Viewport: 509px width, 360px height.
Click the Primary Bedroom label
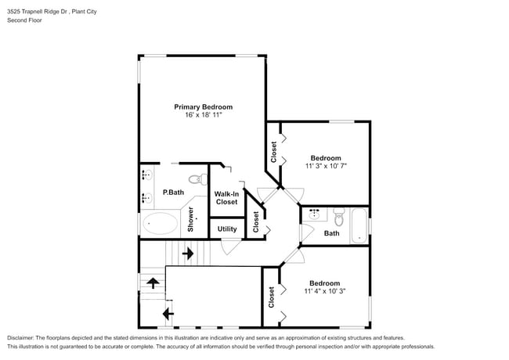point(203,106)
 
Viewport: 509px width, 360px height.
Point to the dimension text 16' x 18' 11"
point(203,115)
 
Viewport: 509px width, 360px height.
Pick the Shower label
point(190,219)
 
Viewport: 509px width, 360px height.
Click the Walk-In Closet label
point(226,197)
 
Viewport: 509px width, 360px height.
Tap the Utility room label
point(227,229)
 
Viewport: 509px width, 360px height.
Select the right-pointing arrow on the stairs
point(188,253)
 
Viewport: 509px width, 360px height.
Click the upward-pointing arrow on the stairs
point(152,283)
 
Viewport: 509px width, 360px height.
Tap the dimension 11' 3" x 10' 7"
point(325,166)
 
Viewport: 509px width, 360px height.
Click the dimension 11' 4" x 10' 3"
point(324,292)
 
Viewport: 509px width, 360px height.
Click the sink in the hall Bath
point(314,213)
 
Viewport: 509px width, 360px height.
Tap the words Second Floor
point(25,20)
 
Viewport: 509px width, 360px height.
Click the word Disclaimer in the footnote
point(21,337)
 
